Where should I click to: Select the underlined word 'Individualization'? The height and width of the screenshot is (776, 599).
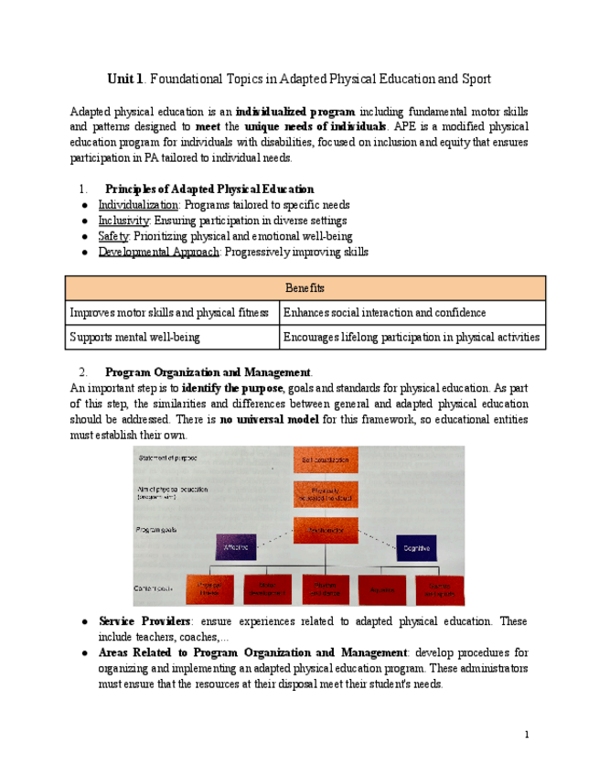[138, 205]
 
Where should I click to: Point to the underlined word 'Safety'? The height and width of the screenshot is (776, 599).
[113, 236]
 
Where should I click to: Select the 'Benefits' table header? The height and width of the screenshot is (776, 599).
[305, 288]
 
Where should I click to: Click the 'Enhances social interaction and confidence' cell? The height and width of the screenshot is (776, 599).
[384, 313]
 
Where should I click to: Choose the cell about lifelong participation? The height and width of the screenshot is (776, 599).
[411, 338]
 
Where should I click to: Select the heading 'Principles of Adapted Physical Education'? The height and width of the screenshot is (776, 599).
[209, 189]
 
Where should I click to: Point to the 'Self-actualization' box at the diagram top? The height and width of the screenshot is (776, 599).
[326, 459]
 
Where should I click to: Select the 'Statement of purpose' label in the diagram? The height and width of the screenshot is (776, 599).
[167, 458]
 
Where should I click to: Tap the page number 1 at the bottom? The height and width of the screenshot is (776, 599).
[527, 735]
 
